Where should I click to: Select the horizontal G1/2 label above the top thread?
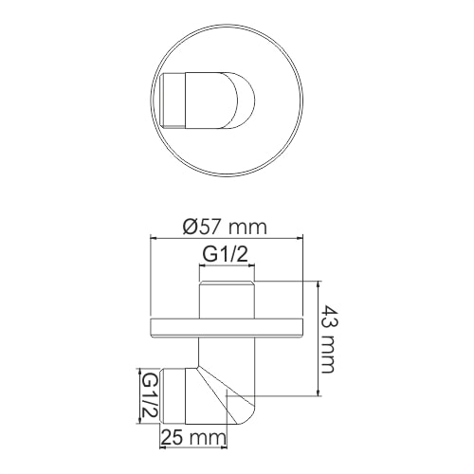pyautogui.click(x=227, y=254)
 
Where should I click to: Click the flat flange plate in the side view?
pyautogui.click(x=227, y=328)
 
